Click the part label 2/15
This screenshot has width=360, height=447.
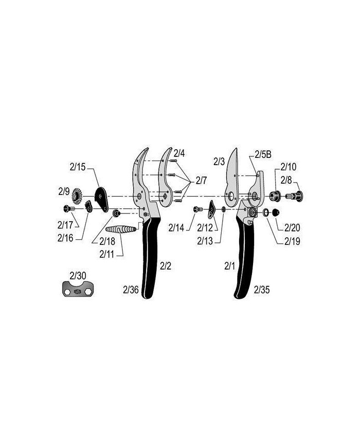click(x=78, y=167)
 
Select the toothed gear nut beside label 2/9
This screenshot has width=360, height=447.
click(x=77, y=196)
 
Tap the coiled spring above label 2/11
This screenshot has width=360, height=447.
click(x=120, y=229)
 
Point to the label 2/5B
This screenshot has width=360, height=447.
click(x=263, y=154)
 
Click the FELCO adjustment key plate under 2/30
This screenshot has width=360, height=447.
click(x=78, y=289)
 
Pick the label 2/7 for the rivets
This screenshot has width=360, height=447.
click(x=201, y=181)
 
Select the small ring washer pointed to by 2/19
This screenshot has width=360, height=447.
click(x=266, y=212)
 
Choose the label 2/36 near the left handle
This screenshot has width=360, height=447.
click(x=131, y=290)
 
